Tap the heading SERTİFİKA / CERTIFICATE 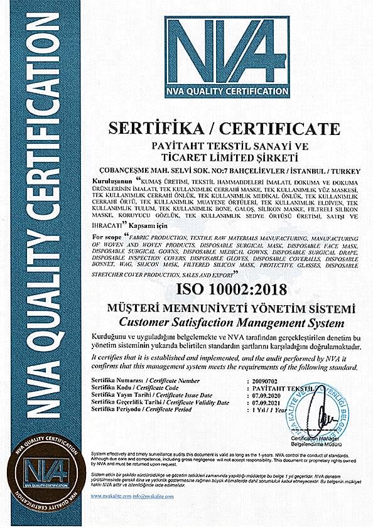pyautogui.click(x=224, y=129)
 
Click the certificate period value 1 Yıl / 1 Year pyautogui.click(x=262, y=409)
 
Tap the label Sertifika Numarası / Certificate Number pyautogui.click(x=145, y=381)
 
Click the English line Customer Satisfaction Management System pyautogui.click(x=232, y=323)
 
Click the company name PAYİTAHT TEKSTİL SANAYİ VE pyautogui.click(x=224, y=146)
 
